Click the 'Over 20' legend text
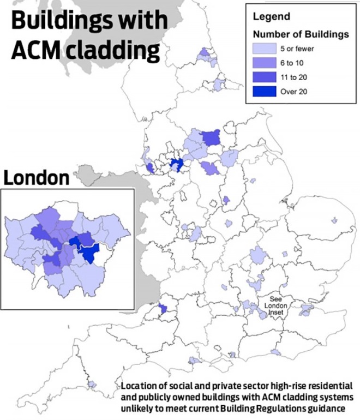294,92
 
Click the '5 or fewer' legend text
298,49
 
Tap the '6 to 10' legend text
293,63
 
